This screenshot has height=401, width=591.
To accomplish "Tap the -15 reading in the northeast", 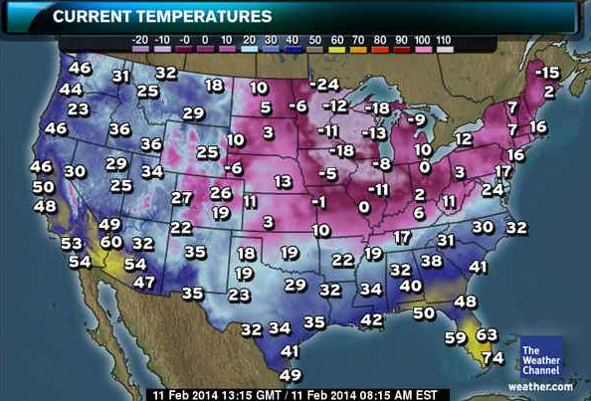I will coord(546,72).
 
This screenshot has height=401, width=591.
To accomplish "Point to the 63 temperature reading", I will coord(487,336).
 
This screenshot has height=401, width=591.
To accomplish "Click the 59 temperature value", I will coord(455,337).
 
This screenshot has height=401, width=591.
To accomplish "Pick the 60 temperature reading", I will coord(110,241).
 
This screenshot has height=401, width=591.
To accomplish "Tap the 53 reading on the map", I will coord(71,243).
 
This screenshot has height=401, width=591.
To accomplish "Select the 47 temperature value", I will coord(144,282).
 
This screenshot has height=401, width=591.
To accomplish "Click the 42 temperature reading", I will coord(371,319).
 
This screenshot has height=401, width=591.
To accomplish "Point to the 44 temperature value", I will coord(71,89).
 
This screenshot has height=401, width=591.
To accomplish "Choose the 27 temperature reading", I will coord(181,198).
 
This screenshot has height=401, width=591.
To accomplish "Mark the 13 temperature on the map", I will coord(284,181).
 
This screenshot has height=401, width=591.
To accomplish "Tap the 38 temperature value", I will coord(431,261).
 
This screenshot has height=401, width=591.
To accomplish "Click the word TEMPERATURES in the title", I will coord(204,17).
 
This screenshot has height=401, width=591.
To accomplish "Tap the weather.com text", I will coord(541,386).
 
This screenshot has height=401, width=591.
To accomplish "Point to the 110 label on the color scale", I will coord(443,40).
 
